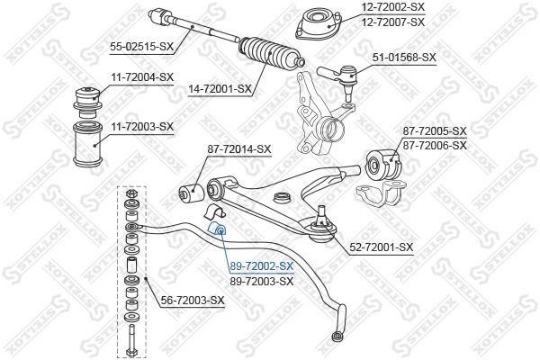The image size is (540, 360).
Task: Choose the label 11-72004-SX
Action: [x=141, y=77]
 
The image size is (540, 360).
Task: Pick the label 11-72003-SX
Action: [x=141, y=126]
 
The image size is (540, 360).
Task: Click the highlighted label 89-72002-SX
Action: [x=262, y=266]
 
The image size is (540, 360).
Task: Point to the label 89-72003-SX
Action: [x=262, y=281]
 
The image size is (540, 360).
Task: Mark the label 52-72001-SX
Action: [x=382, y=247]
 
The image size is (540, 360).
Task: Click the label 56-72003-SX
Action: [x=192, y=300]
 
